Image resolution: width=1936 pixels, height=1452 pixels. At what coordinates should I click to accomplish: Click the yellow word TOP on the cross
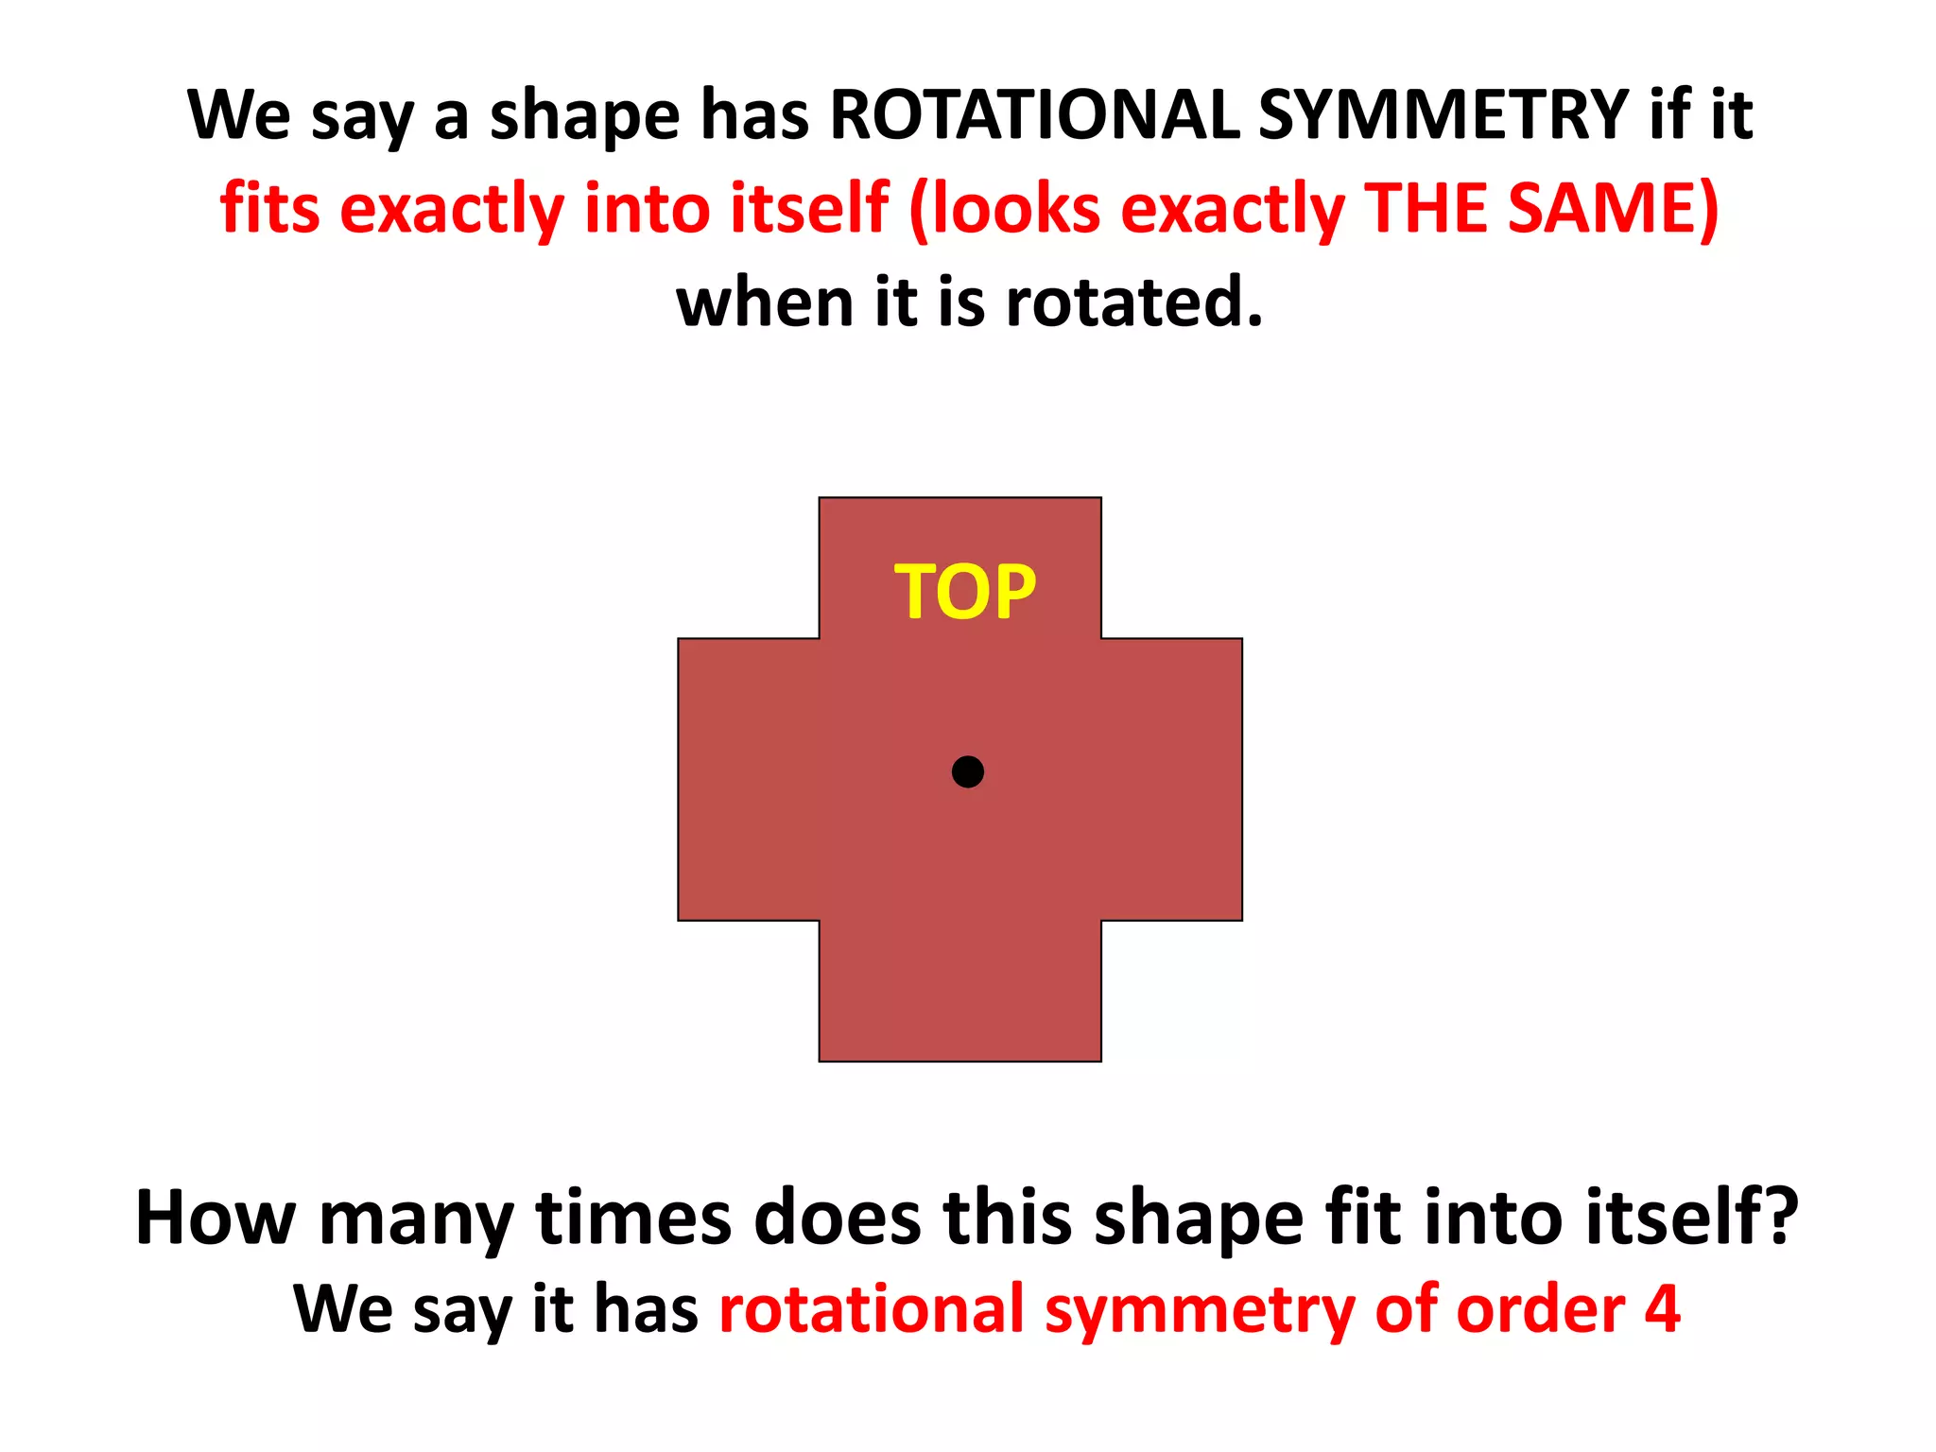pyautogui.click(x=965, y=592)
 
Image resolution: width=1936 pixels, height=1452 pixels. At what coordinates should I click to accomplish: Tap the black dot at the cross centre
pyautogui.click(x=967, y=771)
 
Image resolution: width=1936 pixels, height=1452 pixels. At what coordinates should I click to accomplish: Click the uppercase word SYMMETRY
pyautogui.click(x=1443, y=115)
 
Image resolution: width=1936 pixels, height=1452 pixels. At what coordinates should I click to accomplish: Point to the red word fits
pyautogui.click(x=269, y=208)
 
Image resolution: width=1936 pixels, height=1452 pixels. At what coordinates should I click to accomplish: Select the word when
pyautogui.click(x=765, y=302)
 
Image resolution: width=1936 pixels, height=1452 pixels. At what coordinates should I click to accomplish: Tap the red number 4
pyautogui.click(x=1663, y=1310)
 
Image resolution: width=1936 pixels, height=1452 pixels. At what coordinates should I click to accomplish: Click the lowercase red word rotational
pyautogui.click(x=872, y=1310)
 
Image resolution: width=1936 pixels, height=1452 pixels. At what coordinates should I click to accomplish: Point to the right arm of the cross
pyautogui.click(x=1172, y=779)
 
